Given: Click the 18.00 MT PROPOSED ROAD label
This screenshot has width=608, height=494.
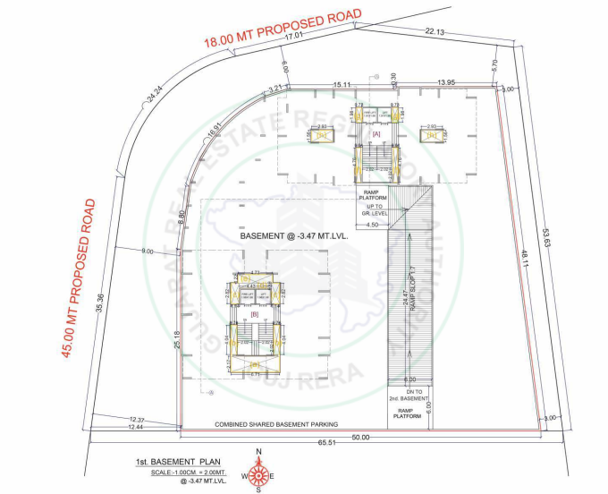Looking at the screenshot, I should click(x=282, y=29).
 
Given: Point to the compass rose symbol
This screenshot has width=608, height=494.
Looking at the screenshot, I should click(x=259, y=471).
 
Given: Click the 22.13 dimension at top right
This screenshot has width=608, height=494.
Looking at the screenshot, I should click(x=435, y=31).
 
